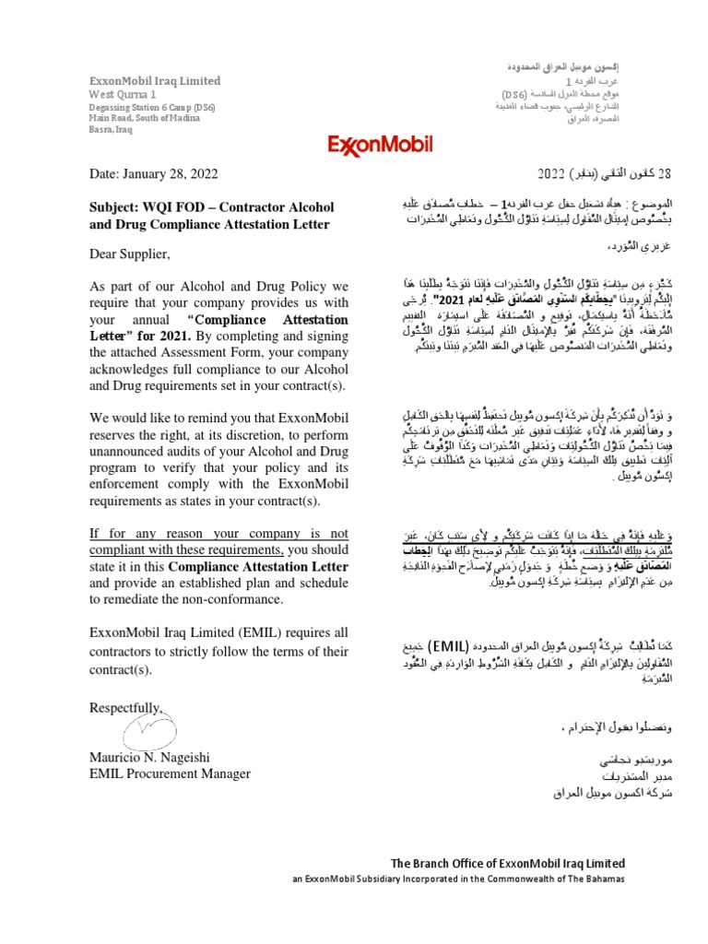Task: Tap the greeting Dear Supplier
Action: tap(129, 254)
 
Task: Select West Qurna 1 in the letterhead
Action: tap(123, 94)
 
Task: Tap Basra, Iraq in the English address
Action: tap(112, 130)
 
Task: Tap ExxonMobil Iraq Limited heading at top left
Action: tap(154, 81)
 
